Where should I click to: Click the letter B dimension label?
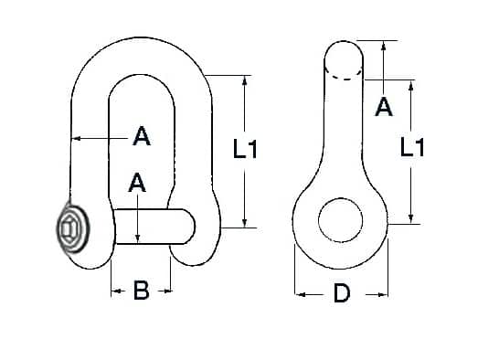coord(142,290)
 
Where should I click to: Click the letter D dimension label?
coord(342,293)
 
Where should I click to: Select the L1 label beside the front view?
coord(245,149)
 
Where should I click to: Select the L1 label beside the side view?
coord(412,147)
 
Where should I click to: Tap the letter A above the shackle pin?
coord(137,183)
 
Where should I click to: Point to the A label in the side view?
coord(384,107)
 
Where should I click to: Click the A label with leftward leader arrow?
coord(142,136)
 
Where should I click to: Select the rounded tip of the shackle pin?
coord(189,227)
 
